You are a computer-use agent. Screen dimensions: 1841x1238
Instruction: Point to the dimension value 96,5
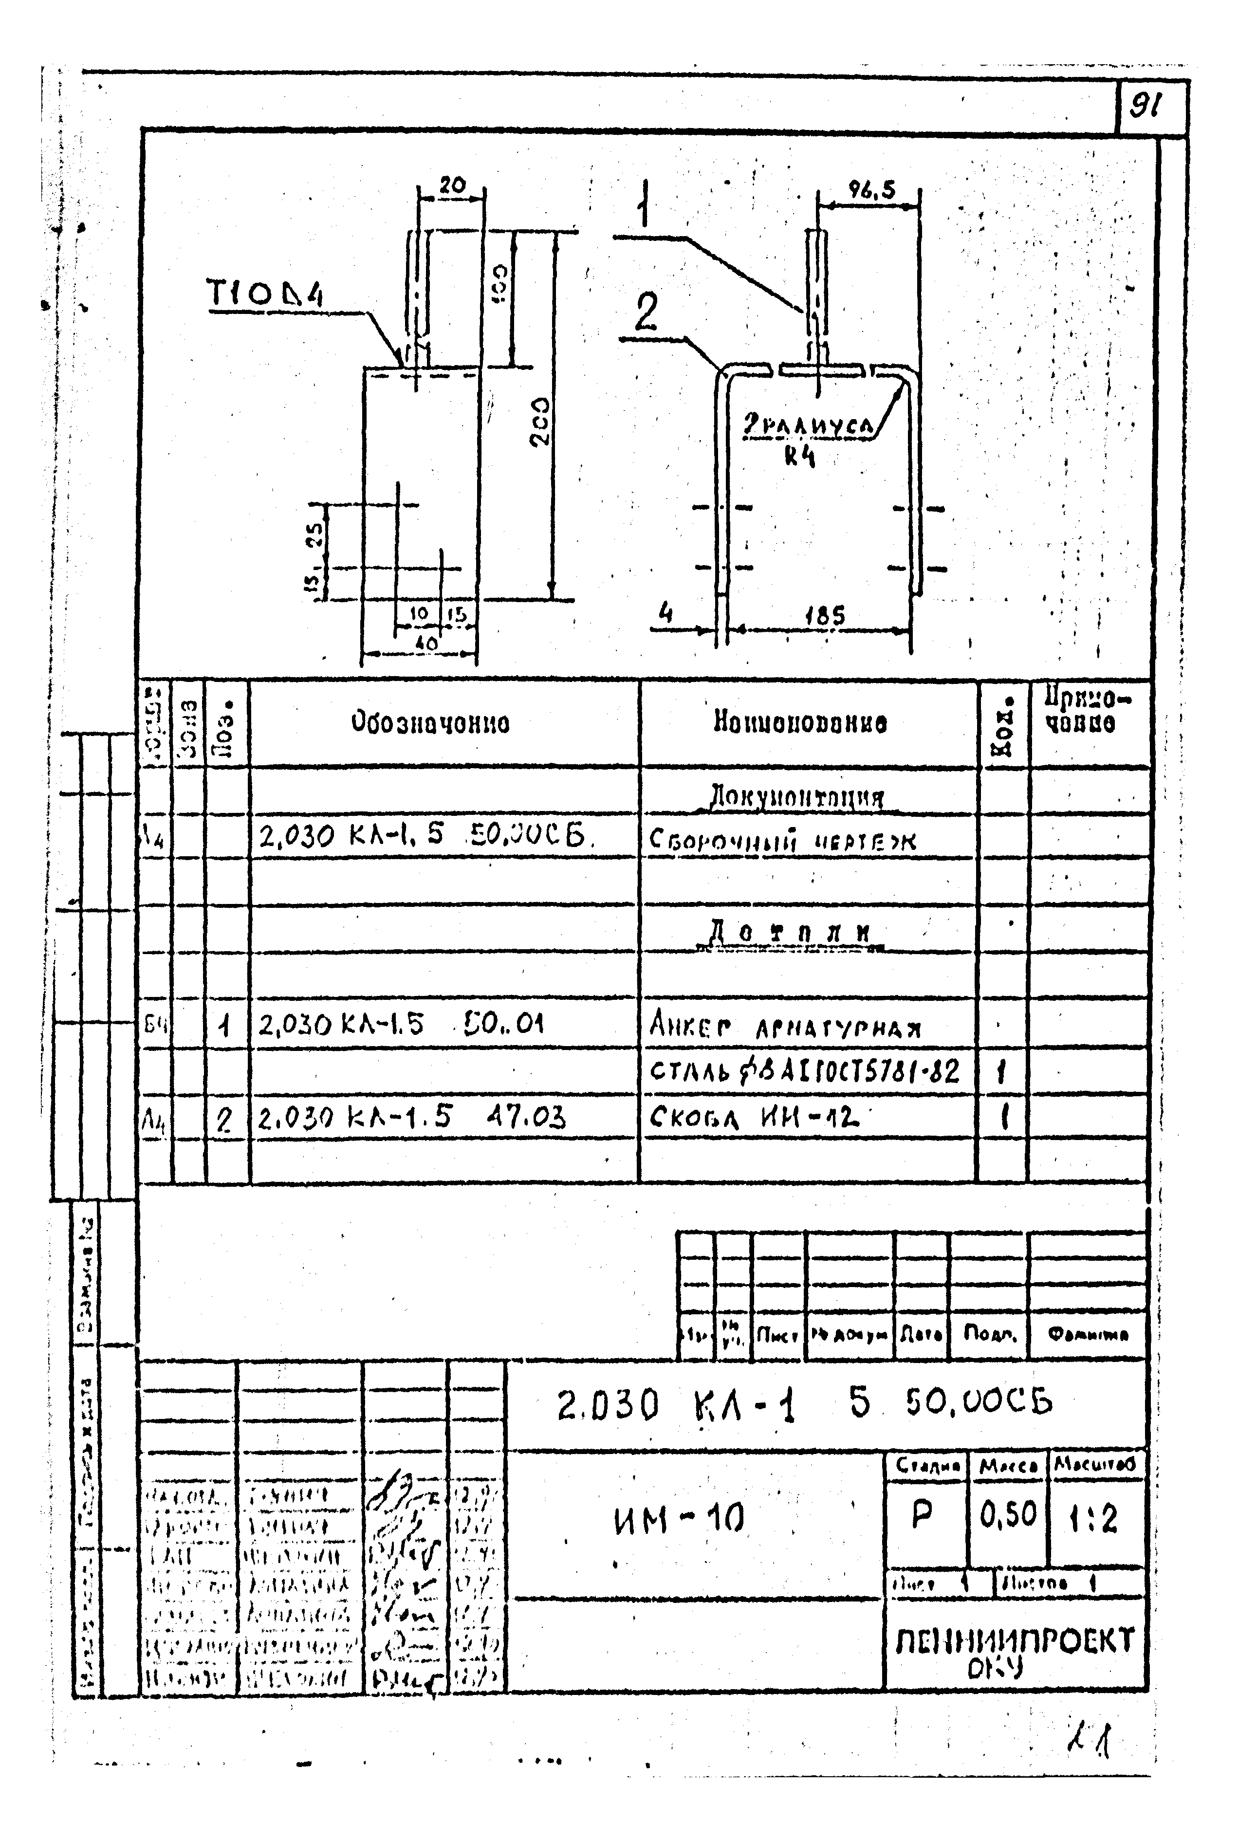click(x=871, y=190)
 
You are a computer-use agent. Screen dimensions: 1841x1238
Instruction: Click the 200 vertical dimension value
click(x=539, y=421)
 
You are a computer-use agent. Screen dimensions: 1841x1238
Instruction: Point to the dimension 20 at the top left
click(x=452, y=185)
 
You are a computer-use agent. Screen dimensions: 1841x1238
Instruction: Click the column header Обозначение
click(x=430, y=722)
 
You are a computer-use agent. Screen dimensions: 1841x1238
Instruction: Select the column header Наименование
click(x=800, y=722)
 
